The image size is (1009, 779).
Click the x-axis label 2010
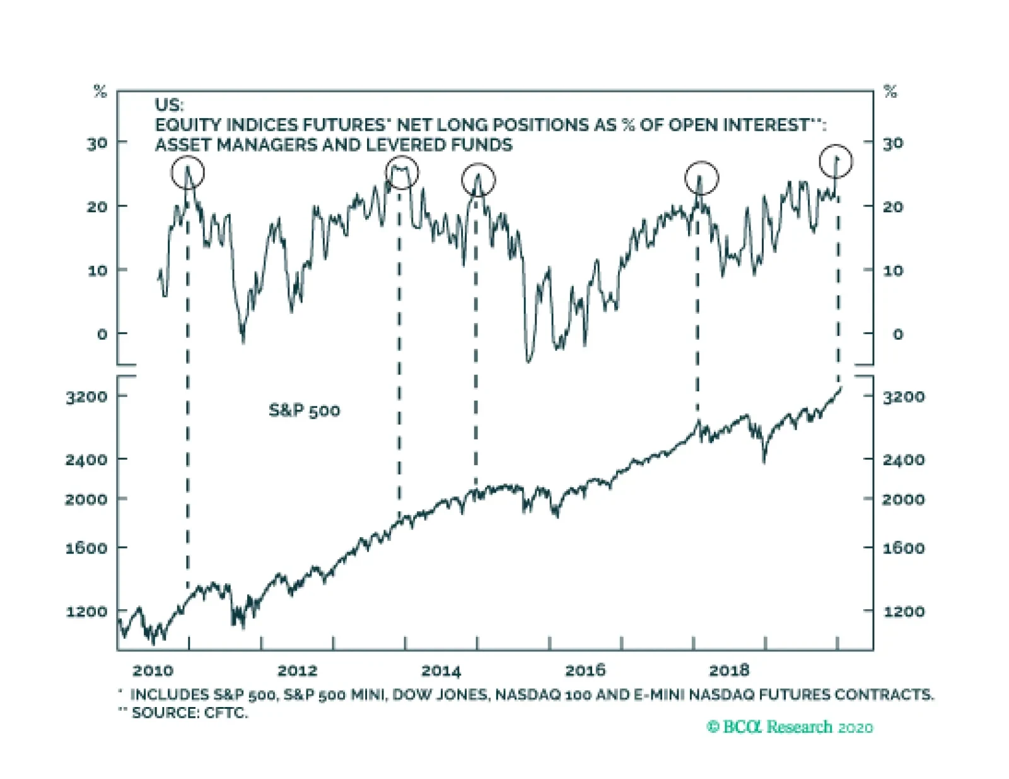click(x=153, y=670)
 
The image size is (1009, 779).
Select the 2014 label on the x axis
click(x=441, y=670)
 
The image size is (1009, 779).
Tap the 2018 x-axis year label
click(x=730, y=670)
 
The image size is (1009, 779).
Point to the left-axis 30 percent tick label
click(x=97, y=144)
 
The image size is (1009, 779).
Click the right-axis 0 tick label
click(x=897, y=335)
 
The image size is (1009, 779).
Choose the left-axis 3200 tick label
click(x=86, y=396)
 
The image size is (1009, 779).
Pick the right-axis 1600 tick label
click(x=903, y=548)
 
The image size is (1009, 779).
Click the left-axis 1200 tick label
click(x=86, y=611)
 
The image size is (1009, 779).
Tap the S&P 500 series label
click(x=304, y=411)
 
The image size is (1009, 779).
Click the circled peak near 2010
click(x=188, y=172)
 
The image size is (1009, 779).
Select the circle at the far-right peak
click(x=836, y=162)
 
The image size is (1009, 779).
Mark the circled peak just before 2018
click(x=701, y=178)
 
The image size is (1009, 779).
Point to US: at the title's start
click(x=169, y=105)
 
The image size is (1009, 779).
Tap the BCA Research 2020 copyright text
click(x=790, y=727)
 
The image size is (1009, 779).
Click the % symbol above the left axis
click(x=100, y=92)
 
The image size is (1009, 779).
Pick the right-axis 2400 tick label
click(x=903, y=460)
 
